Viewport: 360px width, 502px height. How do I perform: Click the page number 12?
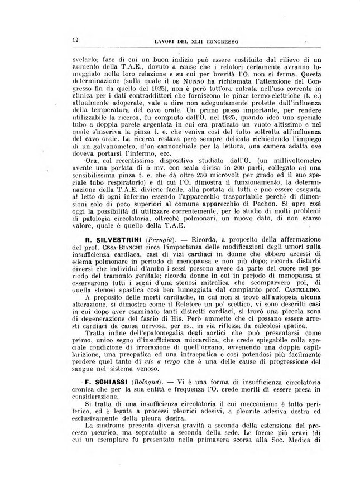74,40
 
